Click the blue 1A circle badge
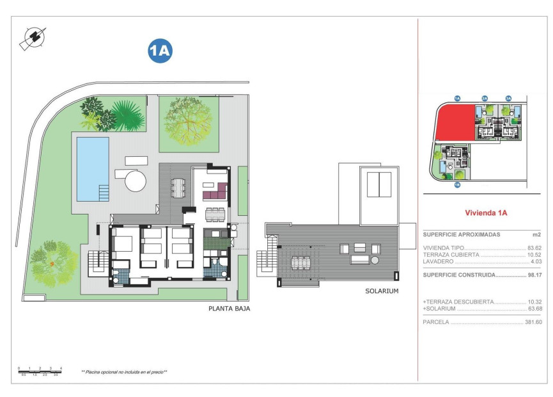tap(160, 51)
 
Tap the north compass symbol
tap(33, 38)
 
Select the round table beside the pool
tap(136, 181)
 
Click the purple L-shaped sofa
tap(215, 191)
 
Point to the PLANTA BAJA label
tap(229, 309)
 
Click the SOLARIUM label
tap(382, 291)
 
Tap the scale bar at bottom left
tap(40, 370)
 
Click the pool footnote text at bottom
tap(124, 372)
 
